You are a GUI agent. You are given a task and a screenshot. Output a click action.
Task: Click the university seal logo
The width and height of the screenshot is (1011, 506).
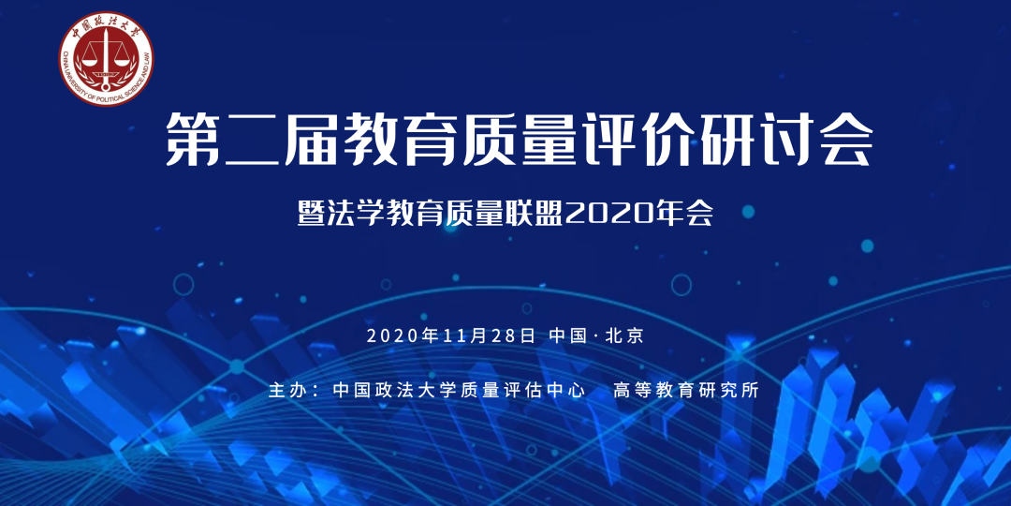(106, 58)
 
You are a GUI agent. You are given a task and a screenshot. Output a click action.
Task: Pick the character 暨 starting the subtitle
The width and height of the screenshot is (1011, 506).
(312, 214)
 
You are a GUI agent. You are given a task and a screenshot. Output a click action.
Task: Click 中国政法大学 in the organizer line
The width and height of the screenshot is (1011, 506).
(384, 391)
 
